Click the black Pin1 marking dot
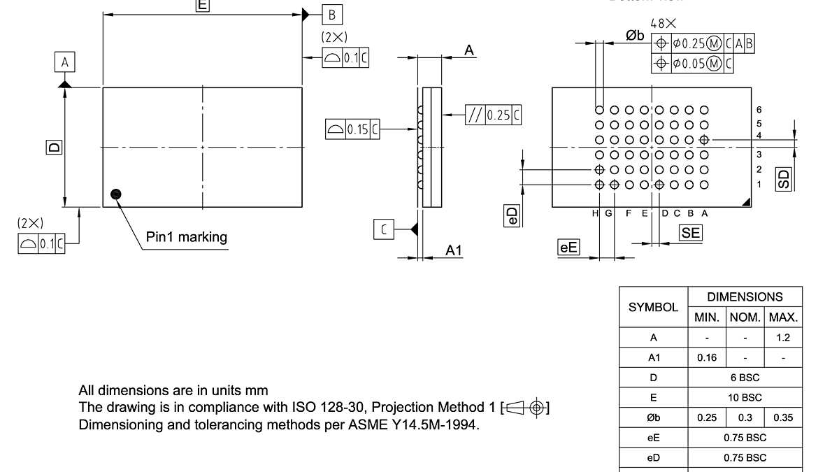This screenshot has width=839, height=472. pyautogui.click(x=115, y=194)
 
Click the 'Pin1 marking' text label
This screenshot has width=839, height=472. pyautogui.click(x=187, y=237)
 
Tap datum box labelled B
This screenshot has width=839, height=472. pyautogui.click(x=332, y=14)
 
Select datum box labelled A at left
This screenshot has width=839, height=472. pyautogui.click(x=64, y=62)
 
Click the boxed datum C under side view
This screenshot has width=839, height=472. pyautogui.click(x=384, y=229)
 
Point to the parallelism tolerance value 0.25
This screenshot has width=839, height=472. pyautogui.click(x=499, y=115)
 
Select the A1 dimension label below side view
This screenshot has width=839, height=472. pyautogui.click(x=454, y=250)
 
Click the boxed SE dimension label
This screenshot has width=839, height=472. pyautogui.click(x=690, y=234)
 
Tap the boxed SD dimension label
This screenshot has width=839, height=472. pyautogui.click(x=783, y=178)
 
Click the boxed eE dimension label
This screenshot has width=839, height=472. pyautogui.click(x=568, y=247)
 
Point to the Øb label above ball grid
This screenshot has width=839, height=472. pyautogui.click(x=635, y=36)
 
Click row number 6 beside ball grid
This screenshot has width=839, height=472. pyautogui.click(x=759, y=110)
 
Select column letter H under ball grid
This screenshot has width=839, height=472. pyautogui.click(x=595, y=213)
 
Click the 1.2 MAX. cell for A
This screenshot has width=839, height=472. pyautogui.click(x=783, y=338)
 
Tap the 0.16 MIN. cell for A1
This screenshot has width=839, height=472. pyautogui.click(x=707, y=357)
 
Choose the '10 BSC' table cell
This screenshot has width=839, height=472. pyautogui.click(x=745, y=397)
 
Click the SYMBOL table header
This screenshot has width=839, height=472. pyautogui.click(x=653, y=307)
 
